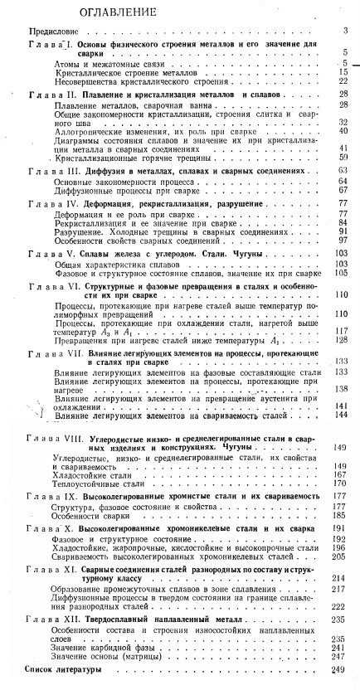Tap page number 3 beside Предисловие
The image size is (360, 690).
click(x=343, y=31)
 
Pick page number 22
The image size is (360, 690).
click(x=342, y=81)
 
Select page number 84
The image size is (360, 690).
click(x=342, y=223)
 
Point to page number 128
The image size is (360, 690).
click(x=340, y=340)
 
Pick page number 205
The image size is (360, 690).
click(x=339, y=556)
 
